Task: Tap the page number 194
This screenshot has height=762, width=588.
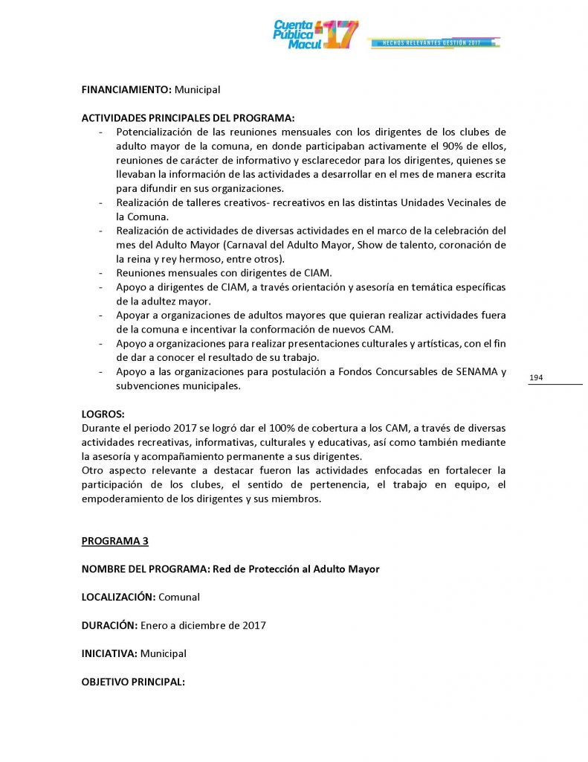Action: (536, 378)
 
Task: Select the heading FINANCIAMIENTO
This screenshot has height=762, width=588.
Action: (126, 89)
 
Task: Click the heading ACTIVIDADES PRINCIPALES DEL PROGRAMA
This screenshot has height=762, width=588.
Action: (187, 118)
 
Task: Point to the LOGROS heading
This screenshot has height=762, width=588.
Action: (103, 414)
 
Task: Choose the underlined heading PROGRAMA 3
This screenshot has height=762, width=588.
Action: (114, 541)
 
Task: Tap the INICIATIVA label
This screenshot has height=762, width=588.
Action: (109, 653)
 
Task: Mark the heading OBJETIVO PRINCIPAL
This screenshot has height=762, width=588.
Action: (133, 682)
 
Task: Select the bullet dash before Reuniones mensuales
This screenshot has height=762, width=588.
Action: (100, 273)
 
